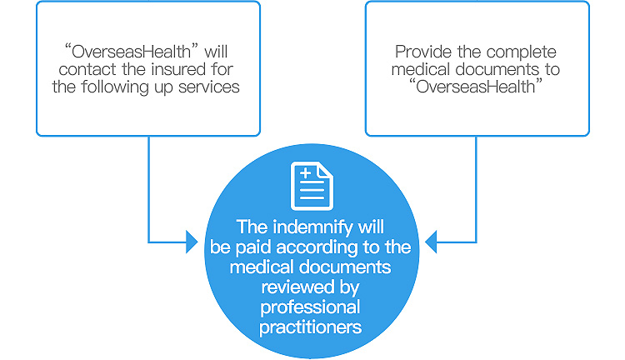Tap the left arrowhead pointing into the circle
[192, 242]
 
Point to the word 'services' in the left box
[211, 87]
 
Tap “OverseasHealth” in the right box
[477, 87]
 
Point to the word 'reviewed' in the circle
[299, 287]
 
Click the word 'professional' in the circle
[312, 307]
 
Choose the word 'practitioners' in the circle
[312, 327]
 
